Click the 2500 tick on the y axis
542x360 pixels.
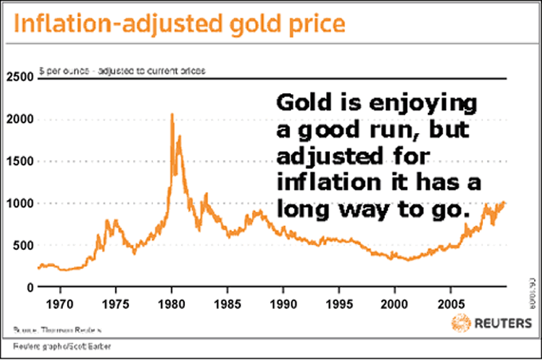tap(18, 77)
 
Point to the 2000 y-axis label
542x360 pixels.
tap(18, 119)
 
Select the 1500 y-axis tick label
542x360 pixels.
tap(18, 161)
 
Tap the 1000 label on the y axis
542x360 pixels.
tap(18, 203)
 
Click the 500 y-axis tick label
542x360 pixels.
tap(22, 245)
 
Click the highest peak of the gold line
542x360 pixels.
tap(172, 115)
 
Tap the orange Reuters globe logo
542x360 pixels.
tap(461, 324)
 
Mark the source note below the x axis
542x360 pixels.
tap(57, 329)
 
